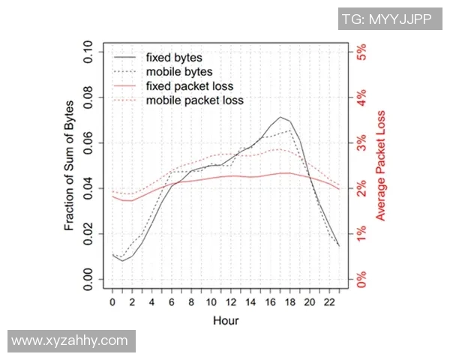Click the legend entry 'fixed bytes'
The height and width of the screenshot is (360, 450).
[174, 57]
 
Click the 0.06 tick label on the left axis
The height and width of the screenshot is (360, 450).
[89, 143]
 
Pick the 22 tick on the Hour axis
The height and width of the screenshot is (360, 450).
[328, 302]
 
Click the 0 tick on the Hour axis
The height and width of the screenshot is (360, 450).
[112, 302]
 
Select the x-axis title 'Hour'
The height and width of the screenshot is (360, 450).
[225, 321]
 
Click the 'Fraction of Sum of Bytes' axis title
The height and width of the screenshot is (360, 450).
[69, 166]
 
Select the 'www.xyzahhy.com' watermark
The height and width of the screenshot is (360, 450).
[70, 341]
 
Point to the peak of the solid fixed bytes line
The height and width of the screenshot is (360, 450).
[280, 117]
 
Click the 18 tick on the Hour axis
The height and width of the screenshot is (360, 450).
[289, 302]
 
